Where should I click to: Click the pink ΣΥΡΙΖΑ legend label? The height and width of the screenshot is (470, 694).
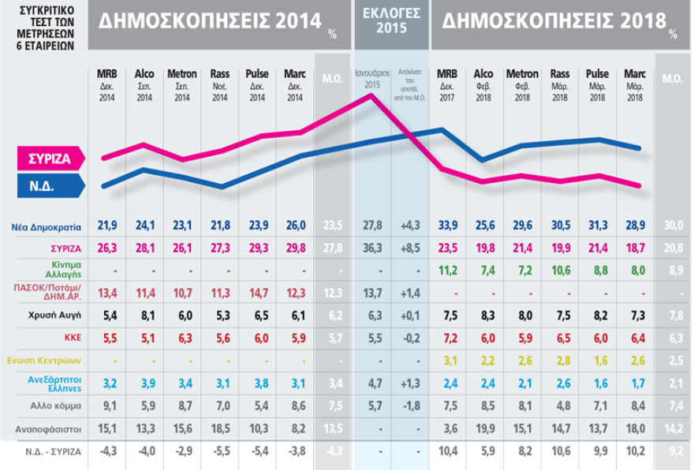pos(45,158)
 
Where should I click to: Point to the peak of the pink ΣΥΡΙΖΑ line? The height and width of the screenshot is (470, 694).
pos(371,95)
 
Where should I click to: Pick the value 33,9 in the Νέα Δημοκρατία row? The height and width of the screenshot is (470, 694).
pos(446,226)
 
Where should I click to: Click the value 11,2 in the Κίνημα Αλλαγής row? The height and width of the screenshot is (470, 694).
pos(446,270)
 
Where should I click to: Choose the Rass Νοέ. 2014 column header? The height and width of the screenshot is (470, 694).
pos(219,85)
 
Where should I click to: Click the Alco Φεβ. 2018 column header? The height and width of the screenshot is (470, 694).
pos(483,85)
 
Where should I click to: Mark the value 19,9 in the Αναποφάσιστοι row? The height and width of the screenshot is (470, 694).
pos(483,428)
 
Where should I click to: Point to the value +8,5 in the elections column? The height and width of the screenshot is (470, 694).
pos(410,248)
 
